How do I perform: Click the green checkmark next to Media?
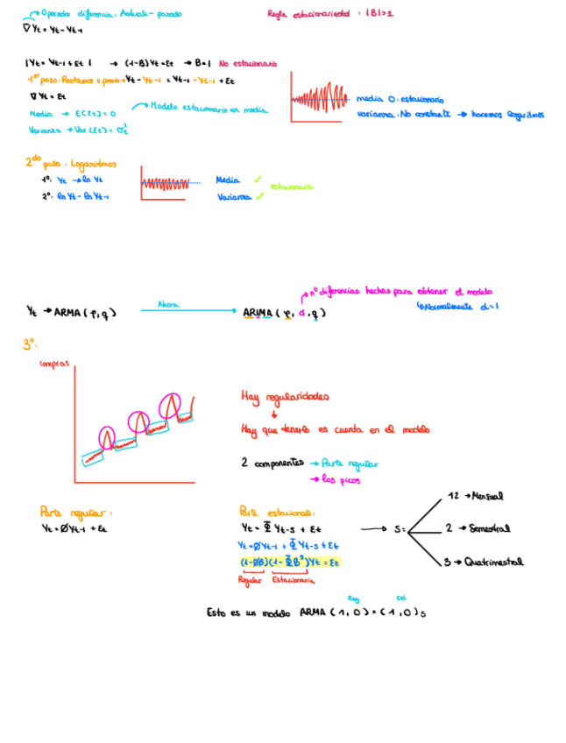(258, 179)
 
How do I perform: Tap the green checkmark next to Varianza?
(258, 196)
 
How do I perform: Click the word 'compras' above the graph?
(53, 364)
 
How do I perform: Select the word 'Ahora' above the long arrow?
(168, 304)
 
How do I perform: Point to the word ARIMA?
(258, 312)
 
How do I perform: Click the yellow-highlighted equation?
(289, 562)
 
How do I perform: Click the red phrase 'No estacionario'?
(248, 63)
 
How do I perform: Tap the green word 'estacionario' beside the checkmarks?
(292, 186)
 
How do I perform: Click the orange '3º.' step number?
(29, 345)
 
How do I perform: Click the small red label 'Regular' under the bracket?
(251, 580)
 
